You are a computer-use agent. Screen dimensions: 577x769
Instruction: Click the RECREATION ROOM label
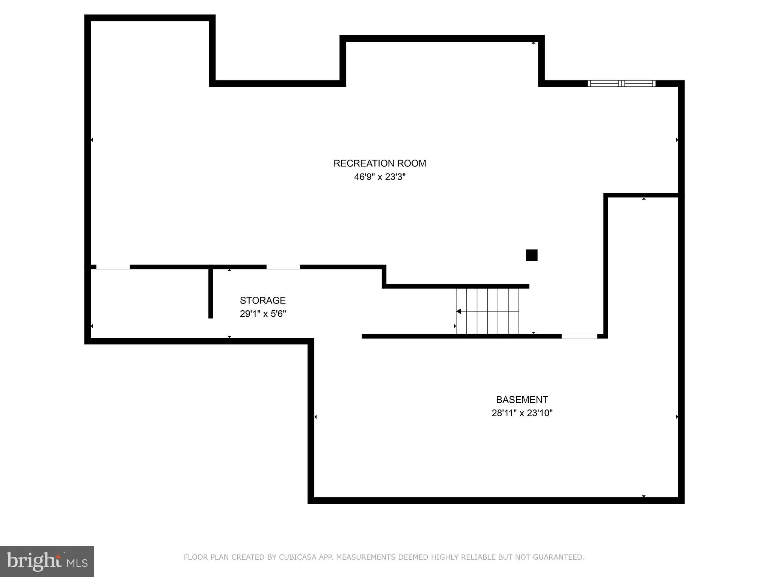click(x=380, y=163)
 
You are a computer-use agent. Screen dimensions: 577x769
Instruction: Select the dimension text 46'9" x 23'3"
click(x=380, y=177)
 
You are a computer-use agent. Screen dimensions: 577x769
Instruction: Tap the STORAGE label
click(x=262, y=301)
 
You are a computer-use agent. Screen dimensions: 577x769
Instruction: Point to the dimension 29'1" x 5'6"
click(x=262, y=314)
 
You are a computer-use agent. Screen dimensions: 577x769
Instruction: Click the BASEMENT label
click(x=522, y=400)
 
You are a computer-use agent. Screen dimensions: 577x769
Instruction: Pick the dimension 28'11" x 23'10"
click(x=522, y=413)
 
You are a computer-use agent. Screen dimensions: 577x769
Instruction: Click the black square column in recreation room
click(x=531, y=255)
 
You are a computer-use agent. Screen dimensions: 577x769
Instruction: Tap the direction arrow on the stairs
click(x=459, y=311)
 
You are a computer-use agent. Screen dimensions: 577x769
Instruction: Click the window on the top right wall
click(x=621, y=83)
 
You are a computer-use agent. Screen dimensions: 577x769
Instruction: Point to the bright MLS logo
click(x=47, y=562)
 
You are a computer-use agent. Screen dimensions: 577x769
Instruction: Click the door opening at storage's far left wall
click(x=113, y=267)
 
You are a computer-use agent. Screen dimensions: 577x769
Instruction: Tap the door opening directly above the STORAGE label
click(x=283, y=267)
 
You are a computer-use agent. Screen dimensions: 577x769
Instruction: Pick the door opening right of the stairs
click(x=579, y=336)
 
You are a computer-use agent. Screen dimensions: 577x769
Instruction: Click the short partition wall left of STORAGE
click(x=211, y=293)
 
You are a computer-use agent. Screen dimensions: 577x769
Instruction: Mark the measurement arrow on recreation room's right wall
click(x=677, y=140)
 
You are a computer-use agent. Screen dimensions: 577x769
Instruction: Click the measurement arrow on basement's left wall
click(x=315, y=417)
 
